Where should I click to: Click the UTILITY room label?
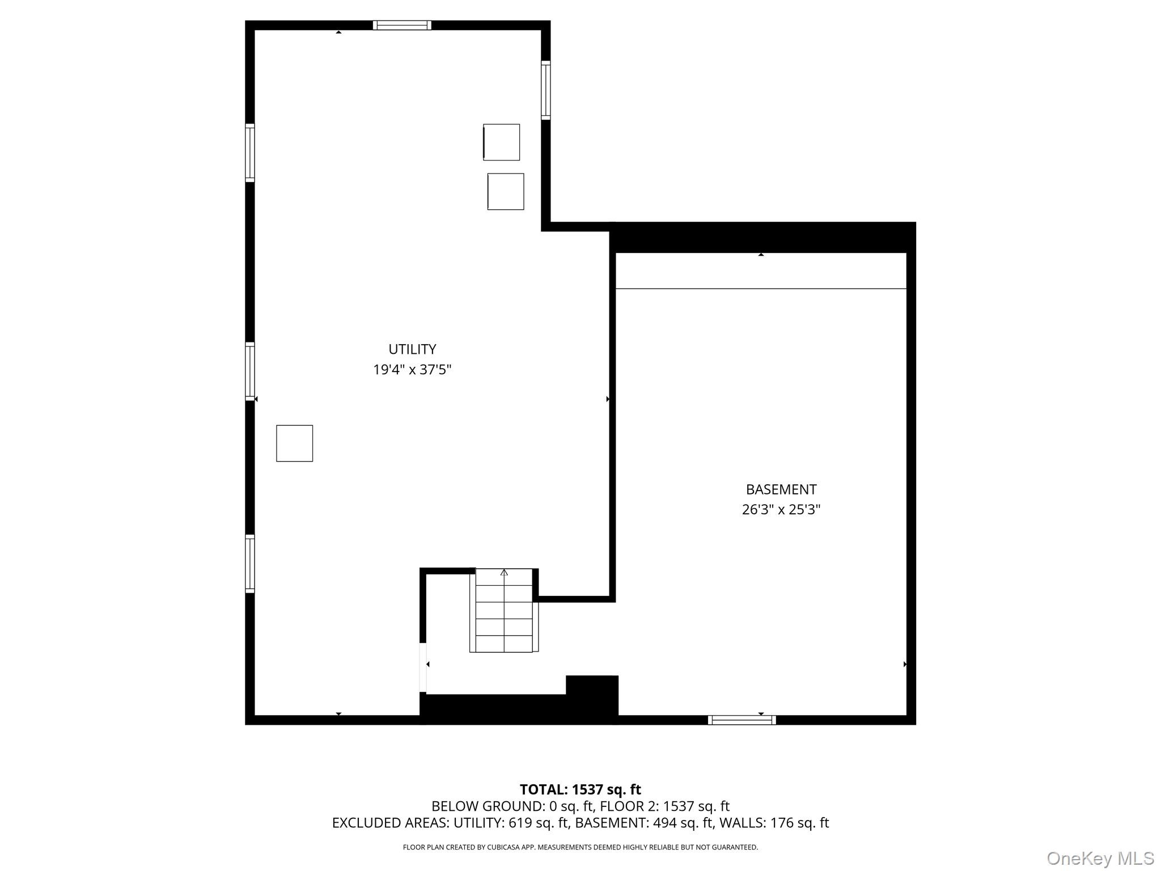[x=412, y=349]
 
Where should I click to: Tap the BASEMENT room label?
[x=781, y=489]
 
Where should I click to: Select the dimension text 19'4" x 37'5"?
[x=412, y=370]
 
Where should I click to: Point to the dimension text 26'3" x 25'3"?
[x=781, y=510]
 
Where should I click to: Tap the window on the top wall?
[x=402, y=25]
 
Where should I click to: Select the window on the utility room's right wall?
[x=545, y=90]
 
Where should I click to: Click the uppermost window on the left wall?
[x=250, y=153]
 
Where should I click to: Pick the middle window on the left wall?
[x=250, y=371]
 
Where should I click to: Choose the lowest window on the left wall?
[x=250, y=564]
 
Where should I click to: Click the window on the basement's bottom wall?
[x=741, y=720]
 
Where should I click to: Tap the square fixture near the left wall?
[x=294, y=443]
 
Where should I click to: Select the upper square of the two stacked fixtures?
[x=501, y=142]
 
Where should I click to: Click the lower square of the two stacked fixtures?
[x=506, y=192]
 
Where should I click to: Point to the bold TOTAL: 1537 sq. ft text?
[x=580, y=789]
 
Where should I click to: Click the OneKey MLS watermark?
[x=1100, y=859]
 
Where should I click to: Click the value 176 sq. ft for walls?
[x=799, y=823]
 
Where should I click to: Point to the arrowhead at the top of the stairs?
[x=504, y=572]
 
